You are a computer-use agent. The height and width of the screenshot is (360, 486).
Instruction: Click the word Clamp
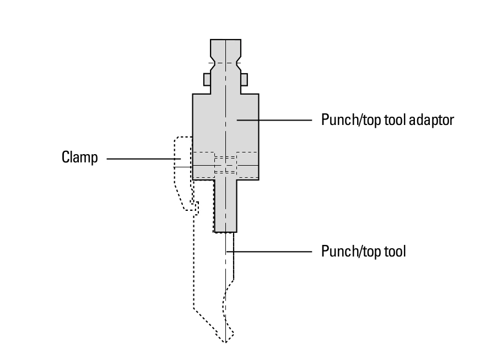pyautogui.click(x=79, y=159)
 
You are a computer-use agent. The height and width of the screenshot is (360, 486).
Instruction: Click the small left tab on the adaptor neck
pyautogui.click(x=207, y=79)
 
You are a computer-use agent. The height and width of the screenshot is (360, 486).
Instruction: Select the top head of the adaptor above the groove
pyautogui.click(x=225, y=46)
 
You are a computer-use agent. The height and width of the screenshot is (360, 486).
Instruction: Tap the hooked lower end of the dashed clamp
pyautogui.click(x=193, y=207)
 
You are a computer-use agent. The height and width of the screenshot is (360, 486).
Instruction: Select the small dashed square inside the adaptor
pyautogui.click(x=225, y=165)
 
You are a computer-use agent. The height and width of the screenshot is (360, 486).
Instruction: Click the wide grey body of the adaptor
pyautogui.click(x=225, y=121)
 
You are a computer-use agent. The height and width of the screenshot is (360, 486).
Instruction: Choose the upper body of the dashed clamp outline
pyautogui.click(x=182, y=160)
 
